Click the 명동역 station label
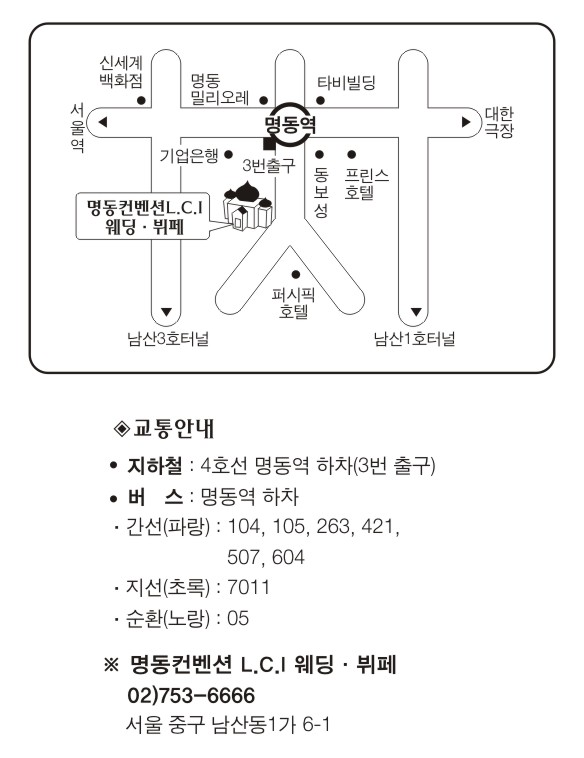point(291,124)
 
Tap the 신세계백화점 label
point(121,72)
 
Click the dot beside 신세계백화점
point(142,101)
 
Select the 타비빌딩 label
point(346,82)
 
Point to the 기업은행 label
point(189,156)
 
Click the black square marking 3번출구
point(268,143)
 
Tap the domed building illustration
point(248,205)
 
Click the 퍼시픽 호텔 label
point(293,303)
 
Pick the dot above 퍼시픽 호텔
point(296,275)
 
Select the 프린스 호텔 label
point(366,184)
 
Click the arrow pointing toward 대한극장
point(466,122)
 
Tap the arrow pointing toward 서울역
point(102,122)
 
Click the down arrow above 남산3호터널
point(166,312)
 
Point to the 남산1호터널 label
point(415,338)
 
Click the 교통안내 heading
point(164,428)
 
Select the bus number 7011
point(248,587)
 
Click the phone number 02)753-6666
point(191,696)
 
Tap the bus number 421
point(380,526)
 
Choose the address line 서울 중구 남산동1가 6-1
point(228,725)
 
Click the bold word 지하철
point(155,466)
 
